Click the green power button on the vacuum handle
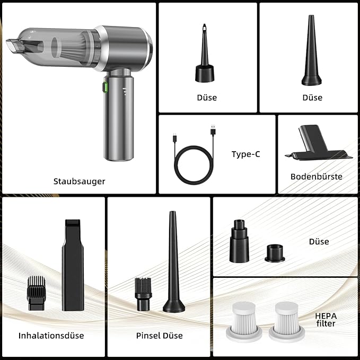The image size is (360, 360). pyautogui.click(x=105, y=87)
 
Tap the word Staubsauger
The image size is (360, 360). pyautogui.click(x=79, y=181)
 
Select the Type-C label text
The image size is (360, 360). pyautogui.click(x=245, y=154)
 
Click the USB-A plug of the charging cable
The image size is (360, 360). pyautogui.click(x=213, y=130)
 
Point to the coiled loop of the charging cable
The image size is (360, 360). pyautogui.click(x=194, y=165)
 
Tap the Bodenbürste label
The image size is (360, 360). pyautogui.click(x=316, y=177)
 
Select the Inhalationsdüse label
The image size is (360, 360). pyautogui.click(x=51, y=336)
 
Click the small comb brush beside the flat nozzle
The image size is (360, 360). pyautogui.click(x=36, y=293)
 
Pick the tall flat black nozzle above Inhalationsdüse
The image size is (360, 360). pyautogui.click(x=73, y=265)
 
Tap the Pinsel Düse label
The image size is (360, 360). pyautogui.click(x=160, y=336)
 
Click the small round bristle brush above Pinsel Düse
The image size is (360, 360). pyautogui.click(x=143, y=294)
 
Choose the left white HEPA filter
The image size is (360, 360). pyautogui.click(x=244, y=321)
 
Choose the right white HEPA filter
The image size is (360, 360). pyautogui.click(x=287, y=321)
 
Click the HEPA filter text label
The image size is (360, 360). pyautogui.click(x=326, y=320)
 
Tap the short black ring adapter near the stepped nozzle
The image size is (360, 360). pyautogui.click(x=275, y=253)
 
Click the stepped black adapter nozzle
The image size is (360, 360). pyautogui.click(x=239, y=241)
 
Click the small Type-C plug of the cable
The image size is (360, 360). pyautogui.click(x=175, y=138)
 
